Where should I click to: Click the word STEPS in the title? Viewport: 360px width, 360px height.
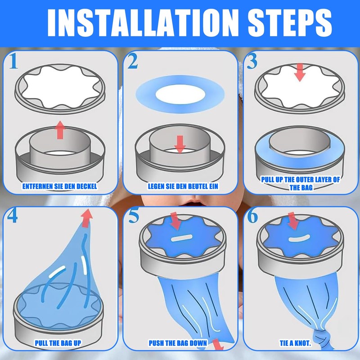(290, 23)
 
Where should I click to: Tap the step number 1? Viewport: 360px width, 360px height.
(13, 61)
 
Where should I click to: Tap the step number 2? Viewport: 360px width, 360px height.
(133, 61)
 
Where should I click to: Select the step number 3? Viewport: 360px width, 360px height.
(252, 61)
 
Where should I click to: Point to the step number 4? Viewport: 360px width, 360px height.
(13, 216)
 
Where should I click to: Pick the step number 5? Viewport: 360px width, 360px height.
(134, 216)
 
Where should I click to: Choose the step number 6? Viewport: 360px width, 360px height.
(252, 216)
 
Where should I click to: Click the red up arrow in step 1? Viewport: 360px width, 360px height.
(60, 130)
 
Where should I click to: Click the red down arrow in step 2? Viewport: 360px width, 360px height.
(180, 144)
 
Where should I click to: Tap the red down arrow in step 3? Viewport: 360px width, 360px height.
(300, 72)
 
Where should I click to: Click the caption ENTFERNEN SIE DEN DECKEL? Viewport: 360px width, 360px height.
(60, 186)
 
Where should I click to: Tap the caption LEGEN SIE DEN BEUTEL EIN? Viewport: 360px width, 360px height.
(183, 186)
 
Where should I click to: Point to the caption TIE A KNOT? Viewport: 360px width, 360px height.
(295, 343)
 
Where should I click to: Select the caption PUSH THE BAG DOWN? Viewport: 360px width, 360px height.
(178, 343)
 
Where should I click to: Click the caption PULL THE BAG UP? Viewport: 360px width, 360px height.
(58, 343)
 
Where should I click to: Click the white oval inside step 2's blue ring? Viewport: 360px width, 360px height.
(180, 94)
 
